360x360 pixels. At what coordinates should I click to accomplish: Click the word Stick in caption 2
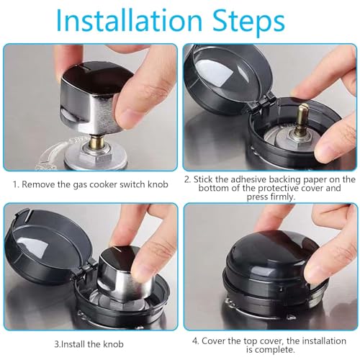pos(206,179)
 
